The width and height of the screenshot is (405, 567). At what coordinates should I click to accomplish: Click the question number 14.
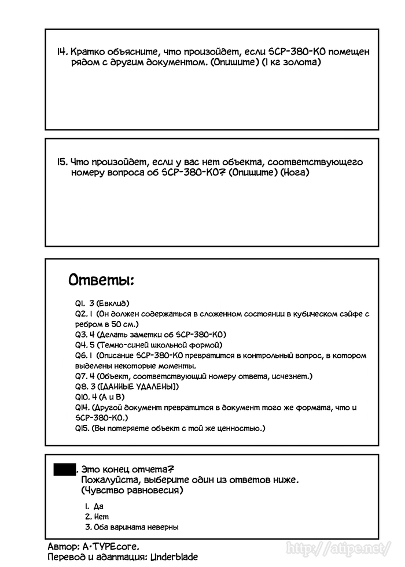pyautogui.click(x=62, y=51)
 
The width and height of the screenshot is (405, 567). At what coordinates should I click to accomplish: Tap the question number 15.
pyautogui.click(x=62, y=162)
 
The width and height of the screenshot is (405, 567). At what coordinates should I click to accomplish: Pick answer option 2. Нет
pyautogui.click(x=97, y=516)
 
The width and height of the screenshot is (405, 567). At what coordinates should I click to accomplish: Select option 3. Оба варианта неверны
pyautogui.click(x=131, y=527)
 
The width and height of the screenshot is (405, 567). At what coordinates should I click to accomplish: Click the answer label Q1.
pyautogui.click(x=79, y=303)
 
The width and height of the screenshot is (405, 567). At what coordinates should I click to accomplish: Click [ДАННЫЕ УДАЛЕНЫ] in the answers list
pyautogui.click(x=139, y=386)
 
